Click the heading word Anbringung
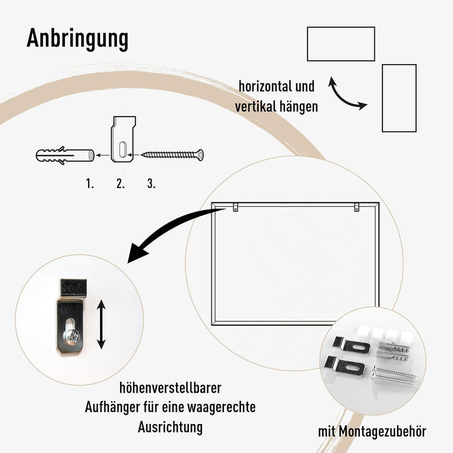(77, 39)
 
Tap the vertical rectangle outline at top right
(400, 98)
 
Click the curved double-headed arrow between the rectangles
(349, 94)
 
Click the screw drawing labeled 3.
(173, 154)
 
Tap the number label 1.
(90, 184)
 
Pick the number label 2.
(120, 184)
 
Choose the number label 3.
(151, 184)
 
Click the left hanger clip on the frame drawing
(234, 206)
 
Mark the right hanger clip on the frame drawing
(356, 206)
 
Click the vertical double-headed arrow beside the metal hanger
(101, 323)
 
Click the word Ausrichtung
(170, 427)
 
